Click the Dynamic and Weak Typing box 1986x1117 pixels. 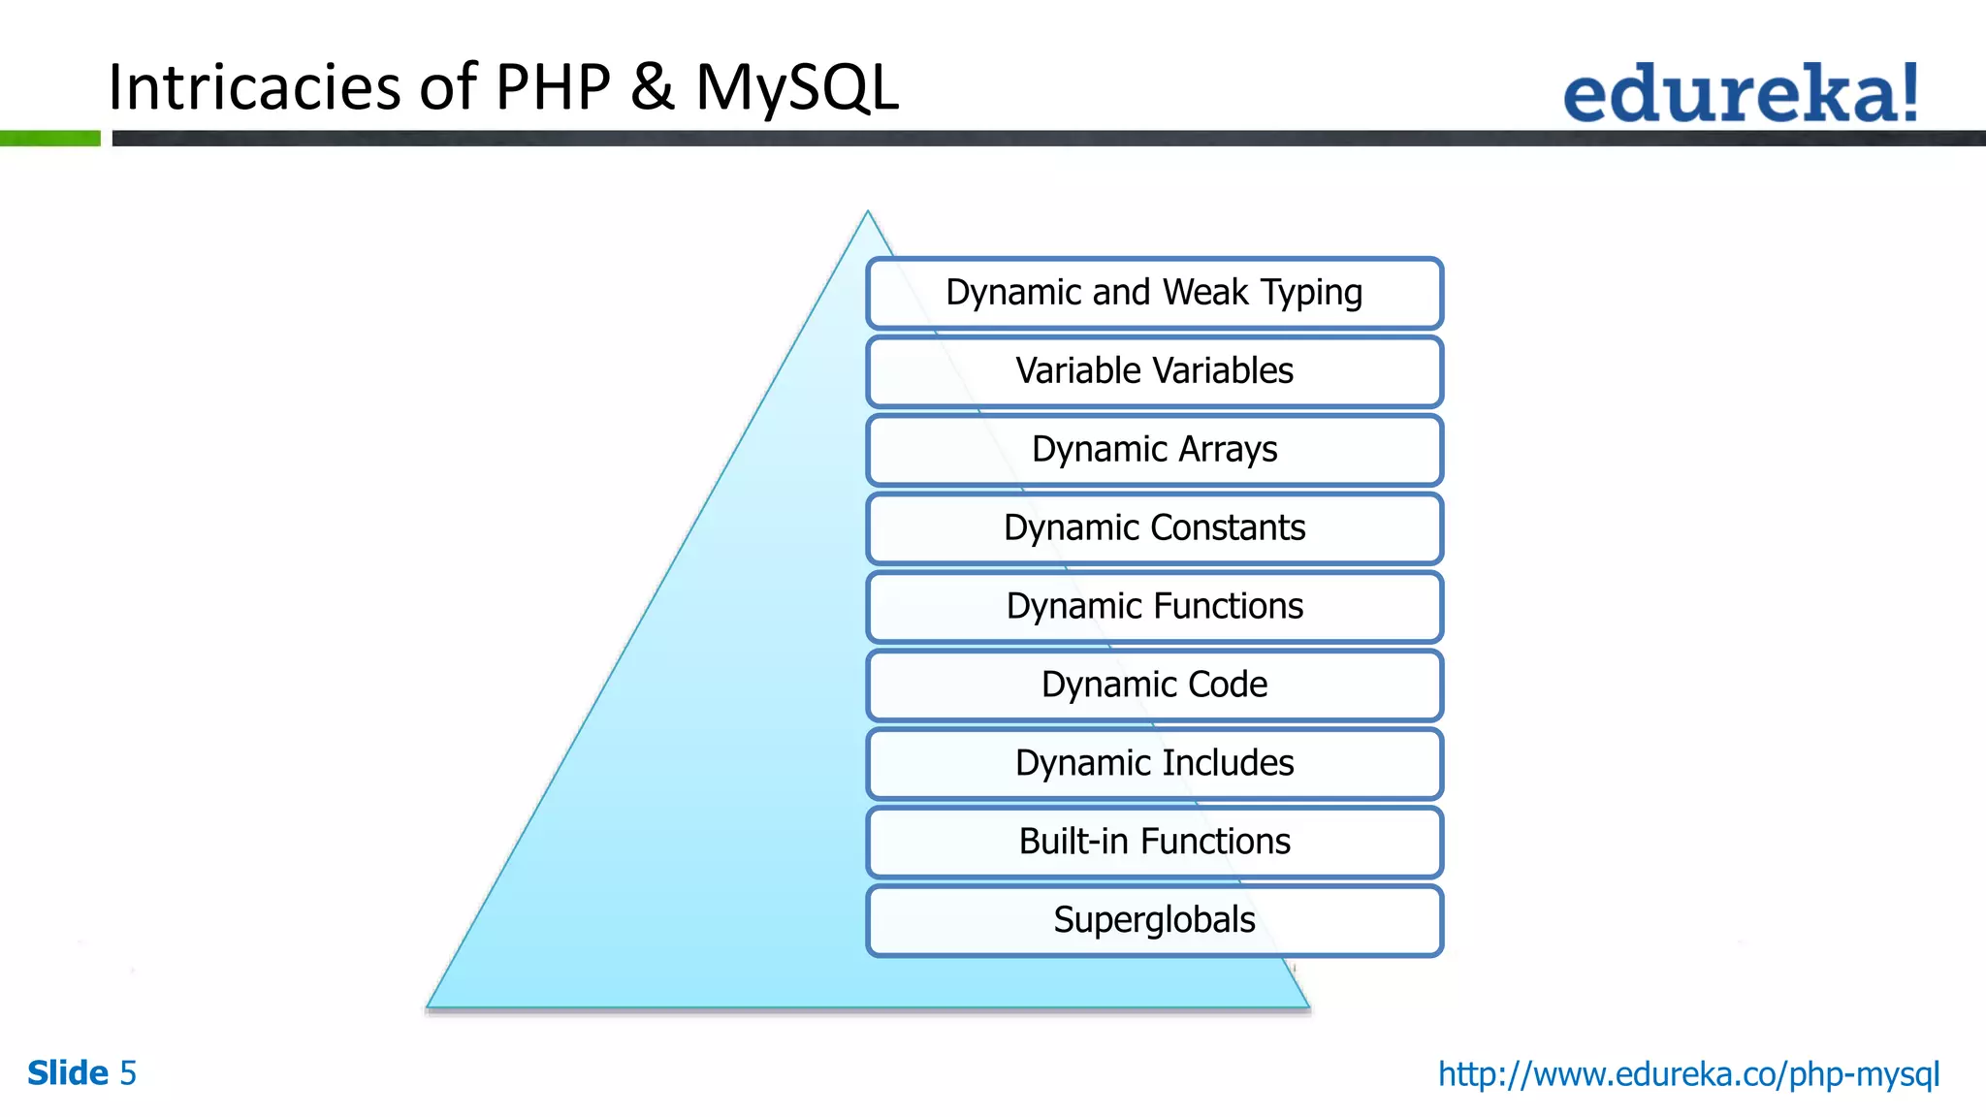[1154, 293]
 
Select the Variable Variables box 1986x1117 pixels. [1154, 371]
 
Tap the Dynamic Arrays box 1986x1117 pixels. [1154, 450]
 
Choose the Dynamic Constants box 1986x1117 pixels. [1154, 528]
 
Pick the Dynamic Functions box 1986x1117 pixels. [1154, 607]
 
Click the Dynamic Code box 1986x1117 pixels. [1154, 686]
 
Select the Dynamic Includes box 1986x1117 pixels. [1154, 764]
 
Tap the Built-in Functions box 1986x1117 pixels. [1154, 842]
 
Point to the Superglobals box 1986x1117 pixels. [1154, 920]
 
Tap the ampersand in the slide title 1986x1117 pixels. [653, 87]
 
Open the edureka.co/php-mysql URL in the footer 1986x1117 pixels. [1688, 1074]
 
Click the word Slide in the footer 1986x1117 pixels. [67, 1073]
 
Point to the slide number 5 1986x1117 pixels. [128, 1073]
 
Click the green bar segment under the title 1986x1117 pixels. [49, 139]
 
